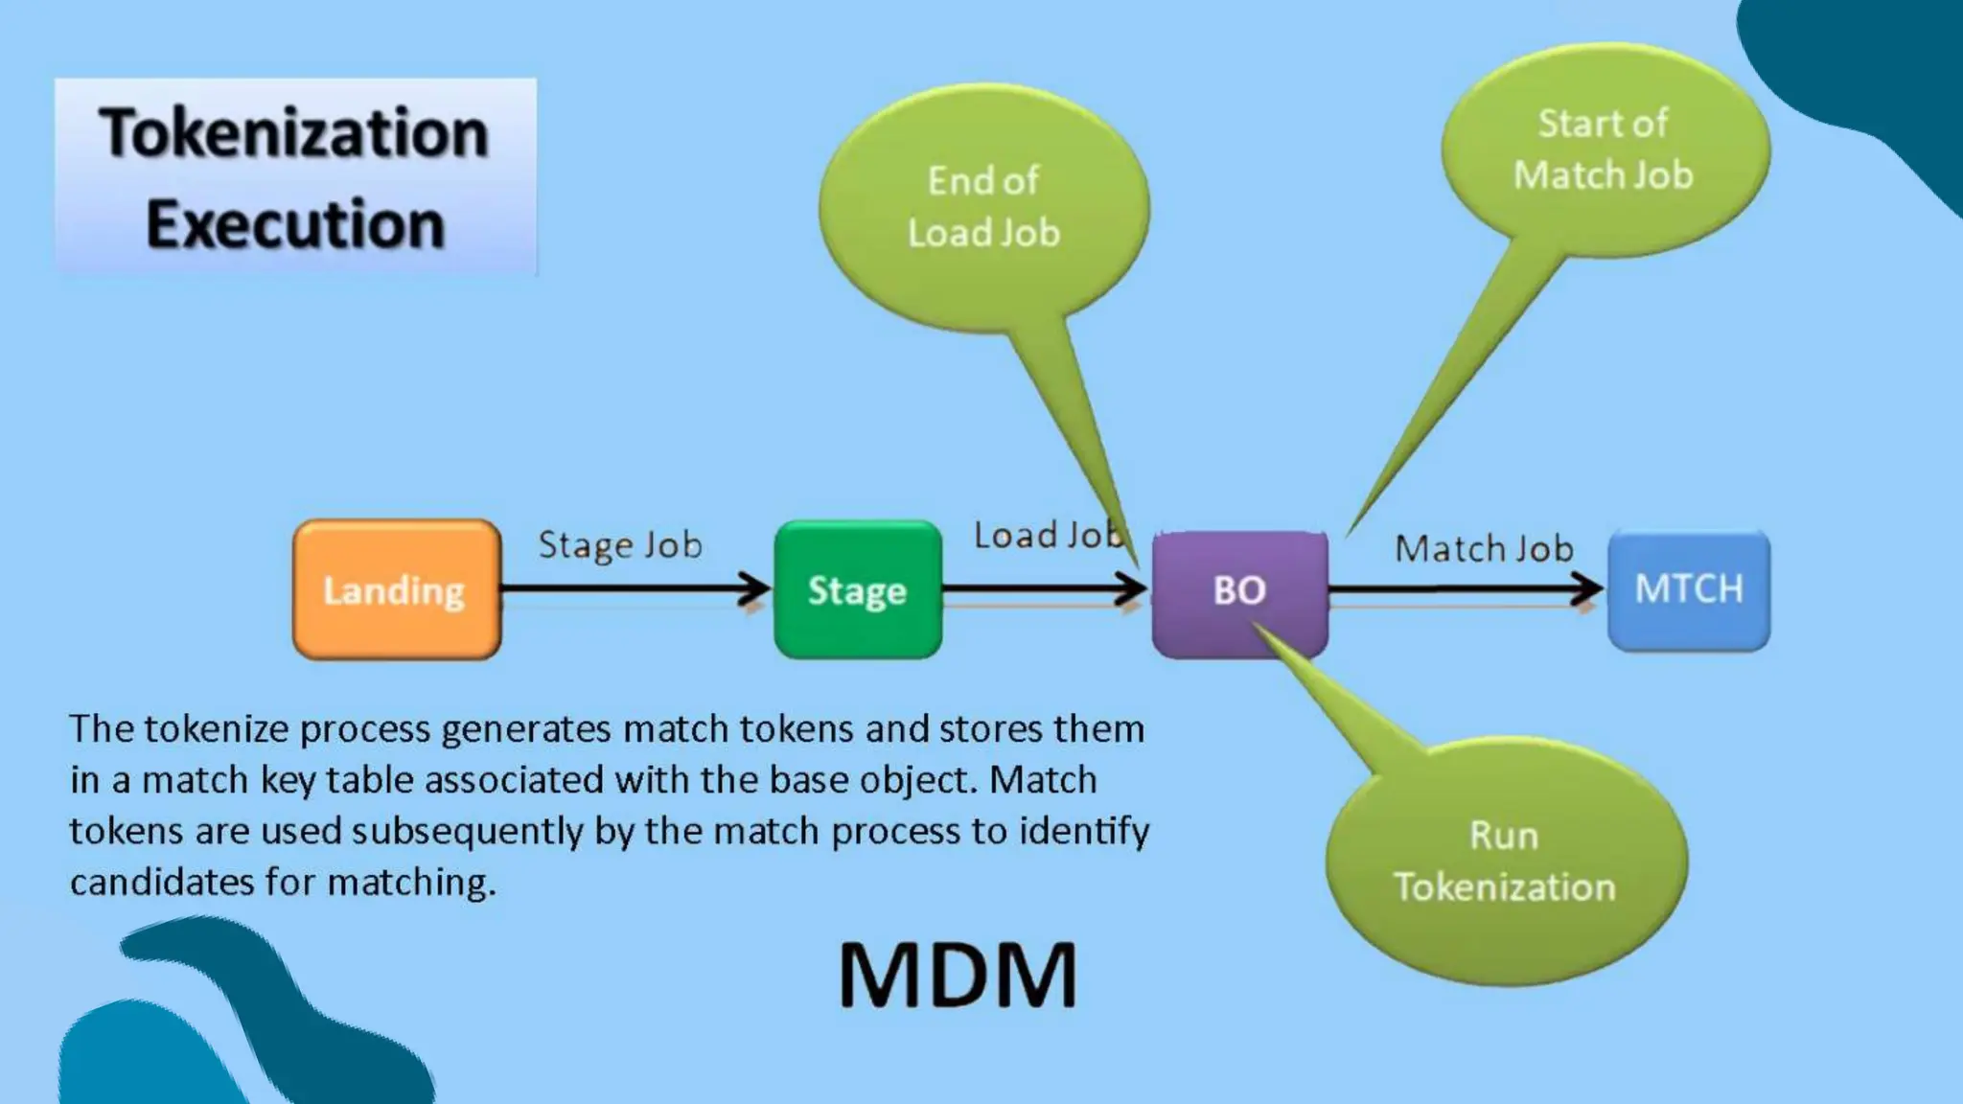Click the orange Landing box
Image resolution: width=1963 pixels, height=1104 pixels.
[396, 590]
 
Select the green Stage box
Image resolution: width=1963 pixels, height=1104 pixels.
[857, 590]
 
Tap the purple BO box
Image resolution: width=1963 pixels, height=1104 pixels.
[1239, 592]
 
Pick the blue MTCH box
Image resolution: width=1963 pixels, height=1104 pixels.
[1689, 589]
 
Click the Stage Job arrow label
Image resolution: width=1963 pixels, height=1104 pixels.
[620, 545]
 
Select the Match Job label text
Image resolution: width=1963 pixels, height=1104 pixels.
[1484, 549]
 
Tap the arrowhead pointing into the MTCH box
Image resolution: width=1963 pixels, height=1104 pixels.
[1590, 589]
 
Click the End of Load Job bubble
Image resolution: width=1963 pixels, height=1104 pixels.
[984, 207]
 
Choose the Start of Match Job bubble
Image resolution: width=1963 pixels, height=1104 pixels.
[1604, 149]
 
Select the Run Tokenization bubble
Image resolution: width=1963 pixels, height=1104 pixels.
[1505, 862]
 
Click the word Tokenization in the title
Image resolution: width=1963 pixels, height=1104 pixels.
[294, 132]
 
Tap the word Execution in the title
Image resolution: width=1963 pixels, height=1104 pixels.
[295, 224]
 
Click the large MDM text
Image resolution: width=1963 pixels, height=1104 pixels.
[958, 976]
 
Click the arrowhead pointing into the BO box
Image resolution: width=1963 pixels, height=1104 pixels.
[1134, 589]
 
